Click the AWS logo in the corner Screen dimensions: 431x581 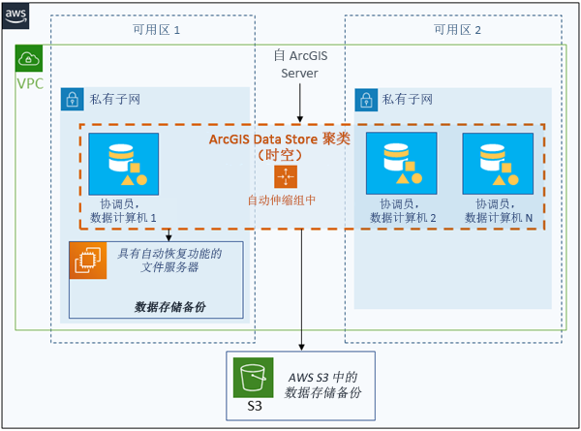15,15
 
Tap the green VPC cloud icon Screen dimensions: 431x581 29,58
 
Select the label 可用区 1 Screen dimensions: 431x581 157,30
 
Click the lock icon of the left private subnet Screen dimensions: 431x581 72,99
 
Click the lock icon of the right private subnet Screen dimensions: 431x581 366,99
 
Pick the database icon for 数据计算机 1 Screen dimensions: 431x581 123,163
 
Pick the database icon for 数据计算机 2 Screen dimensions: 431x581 401,163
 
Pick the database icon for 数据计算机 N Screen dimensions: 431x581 498,163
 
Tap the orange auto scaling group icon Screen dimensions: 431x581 286,177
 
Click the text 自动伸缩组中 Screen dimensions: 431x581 282,200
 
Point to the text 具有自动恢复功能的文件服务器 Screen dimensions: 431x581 169,262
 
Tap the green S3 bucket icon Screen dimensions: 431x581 254,378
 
